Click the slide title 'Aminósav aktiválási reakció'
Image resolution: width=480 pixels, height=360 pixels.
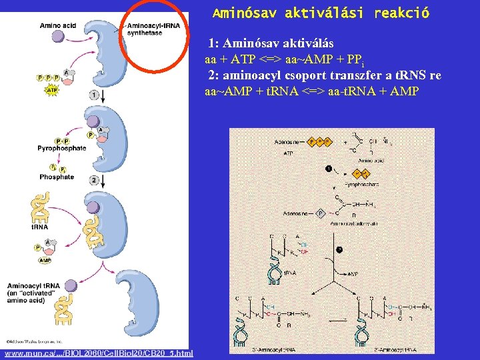(x=321, y=13)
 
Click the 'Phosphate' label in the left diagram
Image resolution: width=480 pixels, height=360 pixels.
(x=57, y=177)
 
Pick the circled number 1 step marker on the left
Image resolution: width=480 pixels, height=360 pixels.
(x=94, y=95)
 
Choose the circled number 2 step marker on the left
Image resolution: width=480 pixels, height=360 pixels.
(x=94, y=181)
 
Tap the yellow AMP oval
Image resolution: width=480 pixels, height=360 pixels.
(x=45, y=261)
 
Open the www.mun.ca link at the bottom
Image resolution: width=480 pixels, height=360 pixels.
(x=99, y=353)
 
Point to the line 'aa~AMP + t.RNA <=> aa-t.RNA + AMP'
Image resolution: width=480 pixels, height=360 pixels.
(x=311, y=91)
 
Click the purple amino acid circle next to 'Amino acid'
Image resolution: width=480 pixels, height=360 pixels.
(x=59, y=38)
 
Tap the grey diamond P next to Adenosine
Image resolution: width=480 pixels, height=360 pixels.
(x=320, y=213)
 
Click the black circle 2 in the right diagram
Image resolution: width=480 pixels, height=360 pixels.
(x=338, y=251)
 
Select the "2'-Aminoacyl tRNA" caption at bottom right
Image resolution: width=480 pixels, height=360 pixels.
(x=396, y=349)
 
